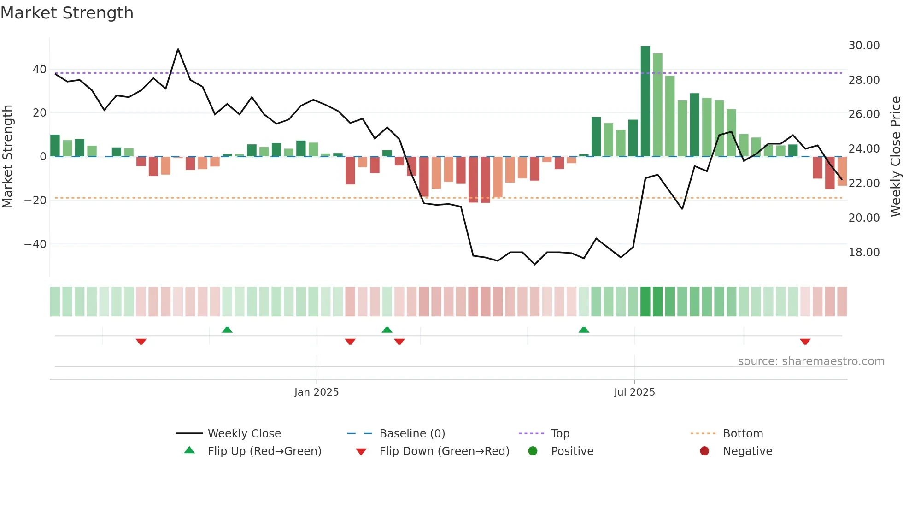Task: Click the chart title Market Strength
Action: (67, 13)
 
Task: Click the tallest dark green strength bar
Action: (645, 101)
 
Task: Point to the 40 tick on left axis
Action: (40, 70)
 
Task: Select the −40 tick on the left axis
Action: (35, 244)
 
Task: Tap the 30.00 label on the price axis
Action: (864, 46)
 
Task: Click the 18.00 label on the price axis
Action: (864, 253)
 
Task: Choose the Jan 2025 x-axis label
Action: (317, 392)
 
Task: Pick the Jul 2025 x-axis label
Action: (634, 392)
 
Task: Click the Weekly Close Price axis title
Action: (895, 157)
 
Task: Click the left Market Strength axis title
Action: (7, 157)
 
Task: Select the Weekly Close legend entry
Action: (244, 434)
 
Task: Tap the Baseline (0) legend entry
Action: (412, 434)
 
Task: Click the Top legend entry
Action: (560, 434)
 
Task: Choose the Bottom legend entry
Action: (743, 434)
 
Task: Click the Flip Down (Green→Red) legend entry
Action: (444, 451)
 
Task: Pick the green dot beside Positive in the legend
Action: (533, 451)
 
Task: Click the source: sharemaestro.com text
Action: (811, 361)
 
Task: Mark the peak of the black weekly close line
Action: (178, 49)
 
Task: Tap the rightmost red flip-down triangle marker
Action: (805, 342)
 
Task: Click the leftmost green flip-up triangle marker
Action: (227, 330)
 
